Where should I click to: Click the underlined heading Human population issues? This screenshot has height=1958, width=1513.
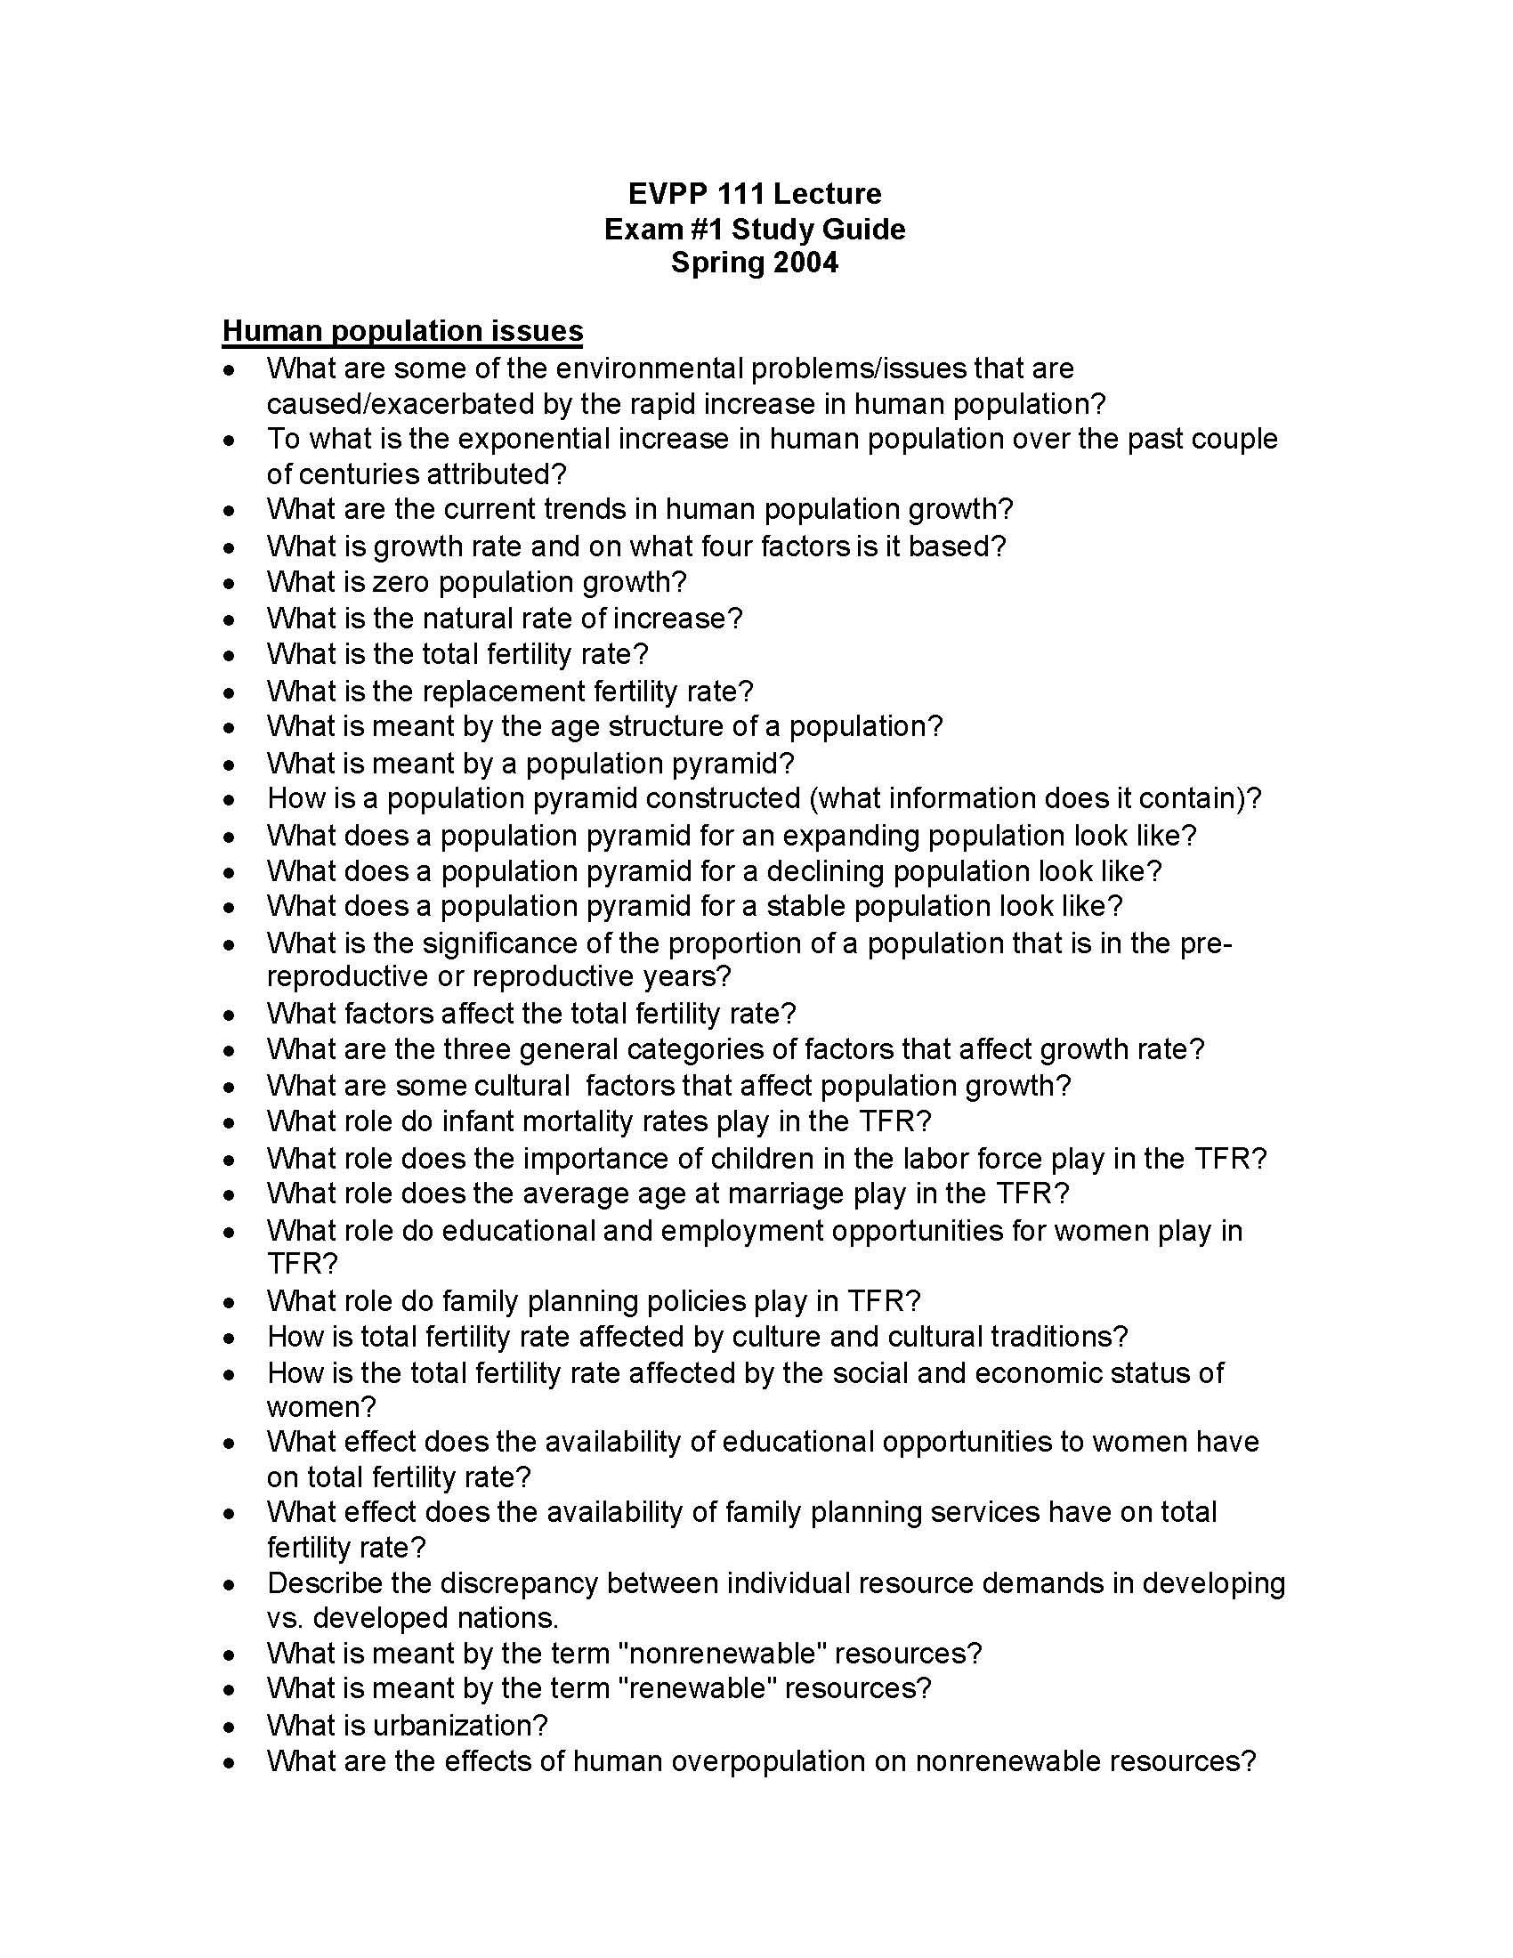click(402, 331)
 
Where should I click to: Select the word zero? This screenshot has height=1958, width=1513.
click(401, 582)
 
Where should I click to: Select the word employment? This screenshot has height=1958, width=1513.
click(742, 1230)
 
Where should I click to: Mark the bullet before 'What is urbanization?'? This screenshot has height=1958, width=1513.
click(231, 1727)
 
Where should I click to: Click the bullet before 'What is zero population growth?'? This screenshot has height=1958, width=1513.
click(231, 584)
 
